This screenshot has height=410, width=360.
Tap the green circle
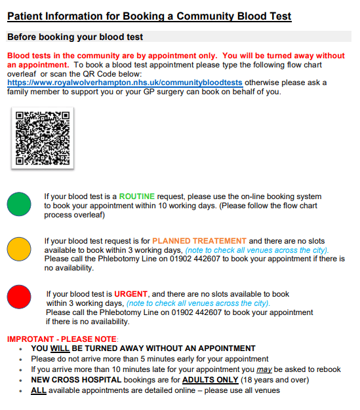pyautogui.click(x=19, y=204)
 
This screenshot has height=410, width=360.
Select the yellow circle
pyautogui.click(x=19, y=250)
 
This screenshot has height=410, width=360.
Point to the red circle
pyautogui.click(x=19, y=296)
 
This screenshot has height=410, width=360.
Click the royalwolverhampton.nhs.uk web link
pyautogui.click(x=125, y=83)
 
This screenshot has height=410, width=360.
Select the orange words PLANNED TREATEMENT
pyautogui.click(x=199, y=241)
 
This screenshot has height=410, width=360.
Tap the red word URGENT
pyautogui.click(x=131, y=293)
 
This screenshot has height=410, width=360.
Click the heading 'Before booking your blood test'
pyautogui.click(x=75, y=37)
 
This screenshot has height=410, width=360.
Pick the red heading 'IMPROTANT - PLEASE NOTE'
pyautogui.click(x=62, y=339)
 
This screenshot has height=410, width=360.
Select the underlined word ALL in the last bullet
pyautogui.click(x=38, y=390)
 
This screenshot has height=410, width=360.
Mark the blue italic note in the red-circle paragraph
pyautogui.click(x=197, y=303)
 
